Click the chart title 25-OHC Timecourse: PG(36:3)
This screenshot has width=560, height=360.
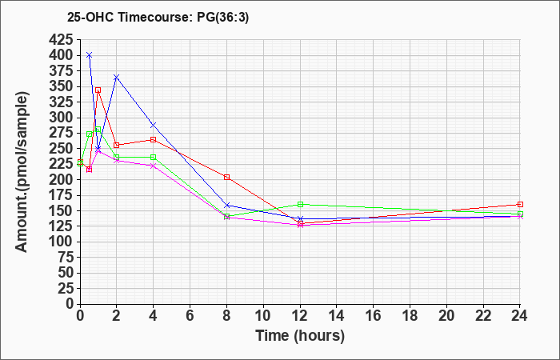pyautogui.click(x=158, y=18)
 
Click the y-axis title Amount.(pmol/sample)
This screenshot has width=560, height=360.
pyautogui.click(x=22, y=173)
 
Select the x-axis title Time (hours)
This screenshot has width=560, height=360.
pyautogui.click(x=300, y=336)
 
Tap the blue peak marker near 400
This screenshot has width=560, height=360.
pyautogui.click(x=90, y=55)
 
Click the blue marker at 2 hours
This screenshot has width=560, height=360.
pyautogui.click(x=117, y=77)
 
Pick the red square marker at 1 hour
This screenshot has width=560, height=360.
pyautogui.click(x=98, y=90)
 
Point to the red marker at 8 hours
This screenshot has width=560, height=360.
pyautogui.click(x=226, y=177)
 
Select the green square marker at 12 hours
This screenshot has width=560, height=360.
pyautogui.click(x=300, y=204)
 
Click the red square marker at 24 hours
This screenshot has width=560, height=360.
pyautogui.click(x=520, y=204)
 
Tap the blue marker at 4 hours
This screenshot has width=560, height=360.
pyautogui.click(x=154, y=126)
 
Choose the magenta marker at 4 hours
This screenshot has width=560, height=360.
pyautogui.click(x=154, y=166)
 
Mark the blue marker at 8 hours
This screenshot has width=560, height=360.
pyautogui.click(x=226, y=206)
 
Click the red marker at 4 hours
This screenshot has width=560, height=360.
pyautogui.click(x=154, y=140)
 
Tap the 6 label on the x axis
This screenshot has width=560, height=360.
pyautogui.click(x=190, y=316)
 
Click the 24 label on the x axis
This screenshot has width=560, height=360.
pyautogui.click(x=520, y=316)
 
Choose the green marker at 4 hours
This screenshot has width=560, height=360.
pyautogui.click(x=154, y=157)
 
